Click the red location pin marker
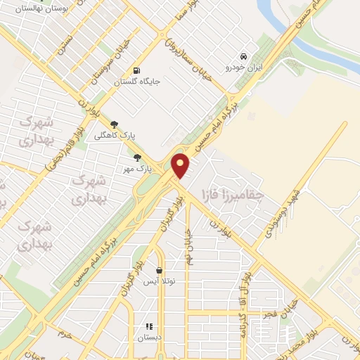coord(181,166)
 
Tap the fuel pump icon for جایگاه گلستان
coord(136,71)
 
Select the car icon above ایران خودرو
coord(243,56)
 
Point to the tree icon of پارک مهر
coord(137,158)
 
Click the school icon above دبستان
coord(148,327)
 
